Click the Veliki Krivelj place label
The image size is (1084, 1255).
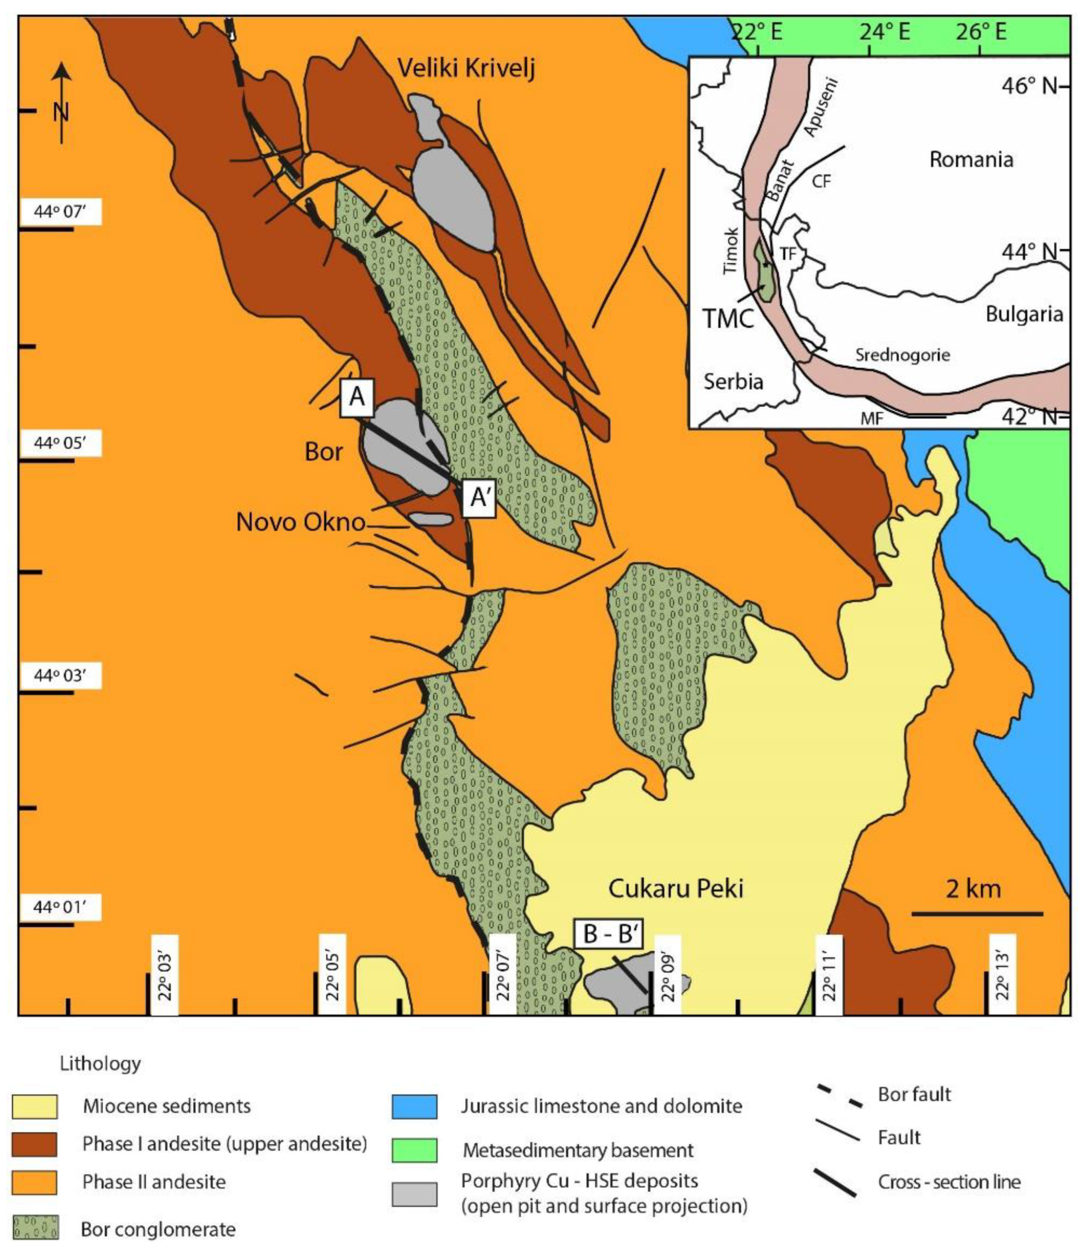pos(466,69)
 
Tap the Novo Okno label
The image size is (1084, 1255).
pos(301,522)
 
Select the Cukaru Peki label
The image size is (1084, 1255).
pos(675,889)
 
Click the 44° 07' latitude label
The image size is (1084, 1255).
pos(61,213)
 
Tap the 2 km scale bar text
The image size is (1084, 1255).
pos(974,889)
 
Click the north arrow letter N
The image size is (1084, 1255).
pos(61,112)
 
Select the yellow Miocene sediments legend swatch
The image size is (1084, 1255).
pos(35,1107)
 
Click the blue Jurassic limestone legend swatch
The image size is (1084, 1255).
pos(414,1107)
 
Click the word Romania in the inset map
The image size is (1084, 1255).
pos(971,159)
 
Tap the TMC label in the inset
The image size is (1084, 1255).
pos(729,318)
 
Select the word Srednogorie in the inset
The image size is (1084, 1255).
pos(902,355)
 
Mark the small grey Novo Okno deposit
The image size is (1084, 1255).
pos(430,519)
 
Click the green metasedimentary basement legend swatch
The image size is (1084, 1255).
pos(414,1150)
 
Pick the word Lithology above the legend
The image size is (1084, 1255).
pos(100,1064)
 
